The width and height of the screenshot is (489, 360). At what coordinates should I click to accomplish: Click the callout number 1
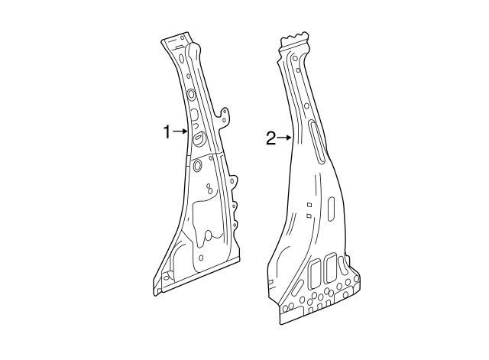tap(167, 132)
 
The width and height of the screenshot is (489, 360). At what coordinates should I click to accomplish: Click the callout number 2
tap(270, 138)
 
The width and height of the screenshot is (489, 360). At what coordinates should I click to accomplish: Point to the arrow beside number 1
tap(180, 132)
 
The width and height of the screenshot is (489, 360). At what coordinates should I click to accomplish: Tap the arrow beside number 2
tap(285, 138)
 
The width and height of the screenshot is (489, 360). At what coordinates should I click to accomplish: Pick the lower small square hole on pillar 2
tap(307, 216)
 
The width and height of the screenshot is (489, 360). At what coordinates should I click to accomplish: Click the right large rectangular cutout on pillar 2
tap(331, 267)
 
